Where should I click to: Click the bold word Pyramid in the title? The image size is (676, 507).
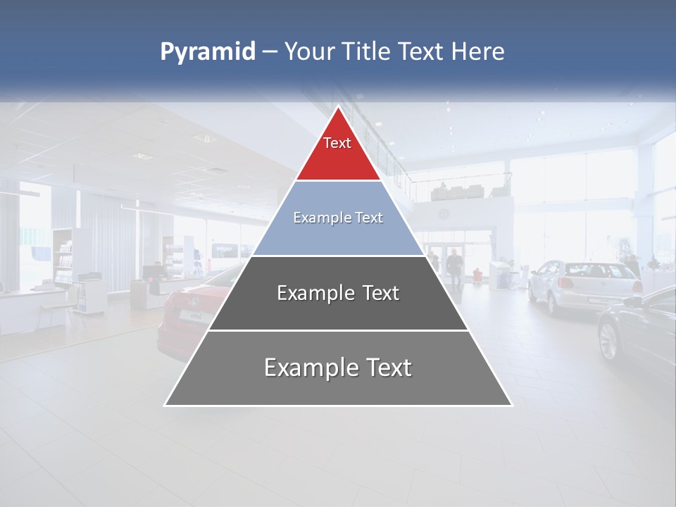(x=208, y=52)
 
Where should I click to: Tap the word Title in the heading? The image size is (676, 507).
(x=365, y=52)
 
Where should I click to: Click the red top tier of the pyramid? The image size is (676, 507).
(x=338, y=151)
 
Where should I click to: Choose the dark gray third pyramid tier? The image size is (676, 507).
(x=338, y=293)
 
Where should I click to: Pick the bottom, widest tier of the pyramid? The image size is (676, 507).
(x=338, y=368)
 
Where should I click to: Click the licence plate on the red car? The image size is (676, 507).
(x=188, y=317)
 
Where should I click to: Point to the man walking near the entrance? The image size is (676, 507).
(x=455, y=268)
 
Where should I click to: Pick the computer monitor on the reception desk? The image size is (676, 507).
(x=151, y=271)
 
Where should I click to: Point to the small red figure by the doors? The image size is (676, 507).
(x=477, y=273)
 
